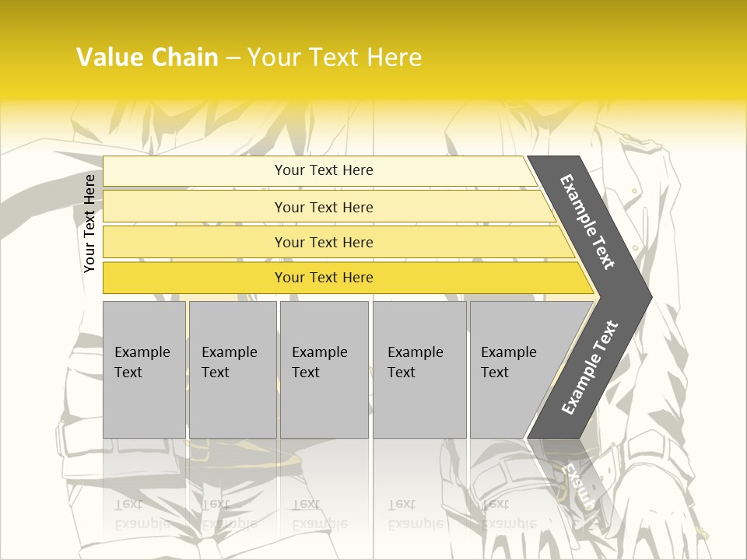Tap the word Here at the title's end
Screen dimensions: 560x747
393,58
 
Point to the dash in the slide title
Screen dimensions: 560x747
233,58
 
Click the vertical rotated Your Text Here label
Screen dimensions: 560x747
89,223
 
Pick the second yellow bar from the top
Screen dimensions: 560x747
324,207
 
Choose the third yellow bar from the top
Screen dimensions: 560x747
324,242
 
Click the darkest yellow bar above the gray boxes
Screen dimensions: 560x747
324,278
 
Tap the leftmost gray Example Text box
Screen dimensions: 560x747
144,369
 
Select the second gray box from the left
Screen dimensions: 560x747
232,369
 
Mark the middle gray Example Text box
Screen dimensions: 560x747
324,369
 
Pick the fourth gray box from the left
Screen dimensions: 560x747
419,369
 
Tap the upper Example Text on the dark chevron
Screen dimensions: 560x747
587,222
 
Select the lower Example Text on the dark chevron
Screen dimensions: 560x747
589,368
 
